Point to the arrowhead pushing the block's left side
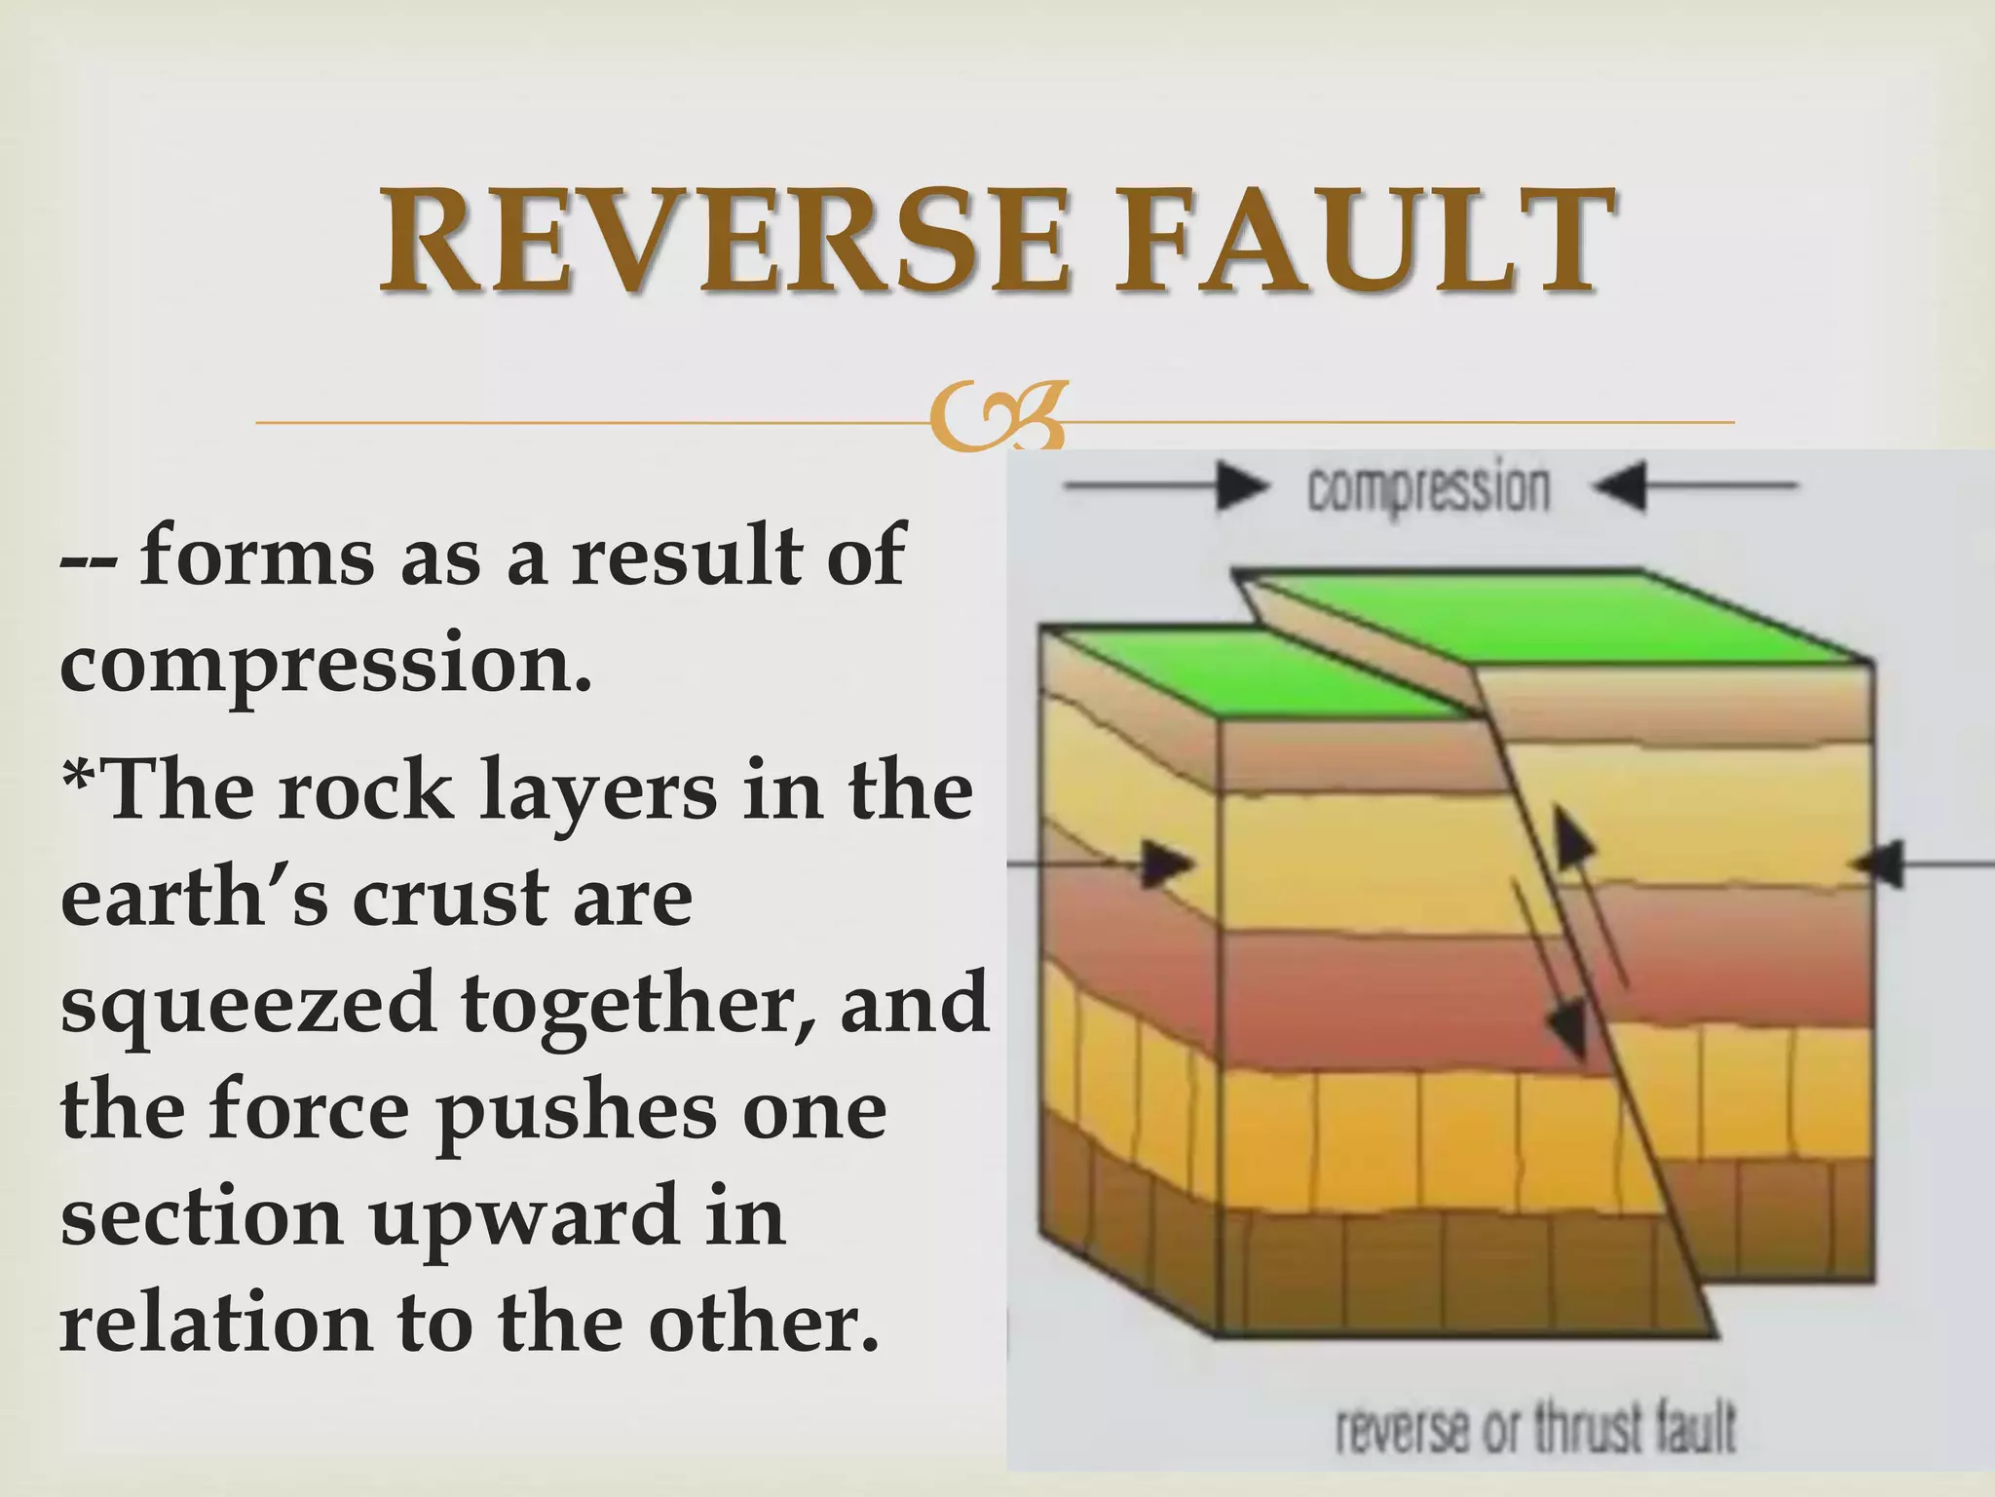(x=1167, y=864)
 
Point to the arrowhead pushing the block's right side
(x=1880, y=864)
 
